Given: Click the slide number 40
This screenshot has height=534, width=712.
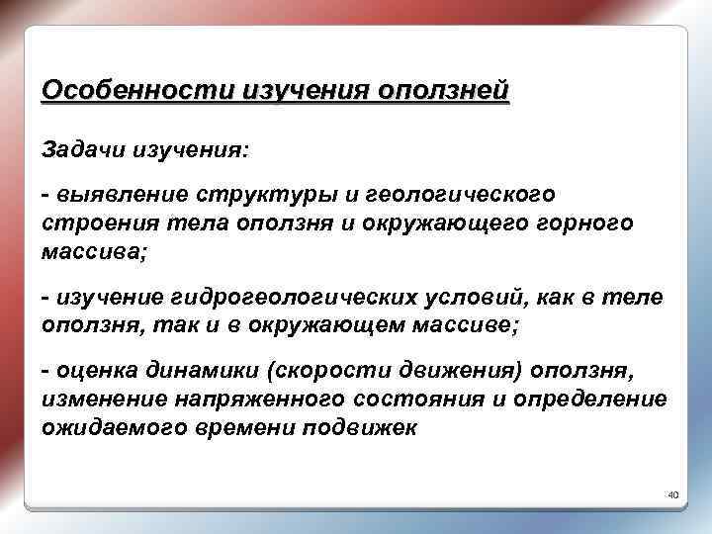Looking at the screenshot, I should (673, 493).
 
